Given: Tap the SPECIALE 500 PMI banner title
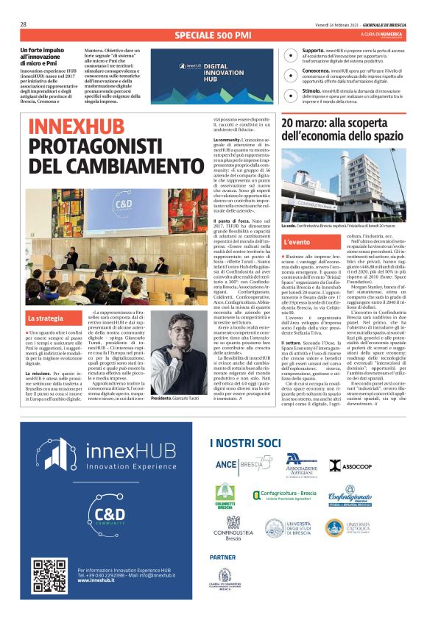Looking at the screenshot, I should point(213,35).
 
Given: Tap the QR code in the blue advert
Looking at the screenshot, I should point(49,576).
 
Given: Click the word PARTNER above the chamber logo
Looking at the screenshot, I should point(223,557).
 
